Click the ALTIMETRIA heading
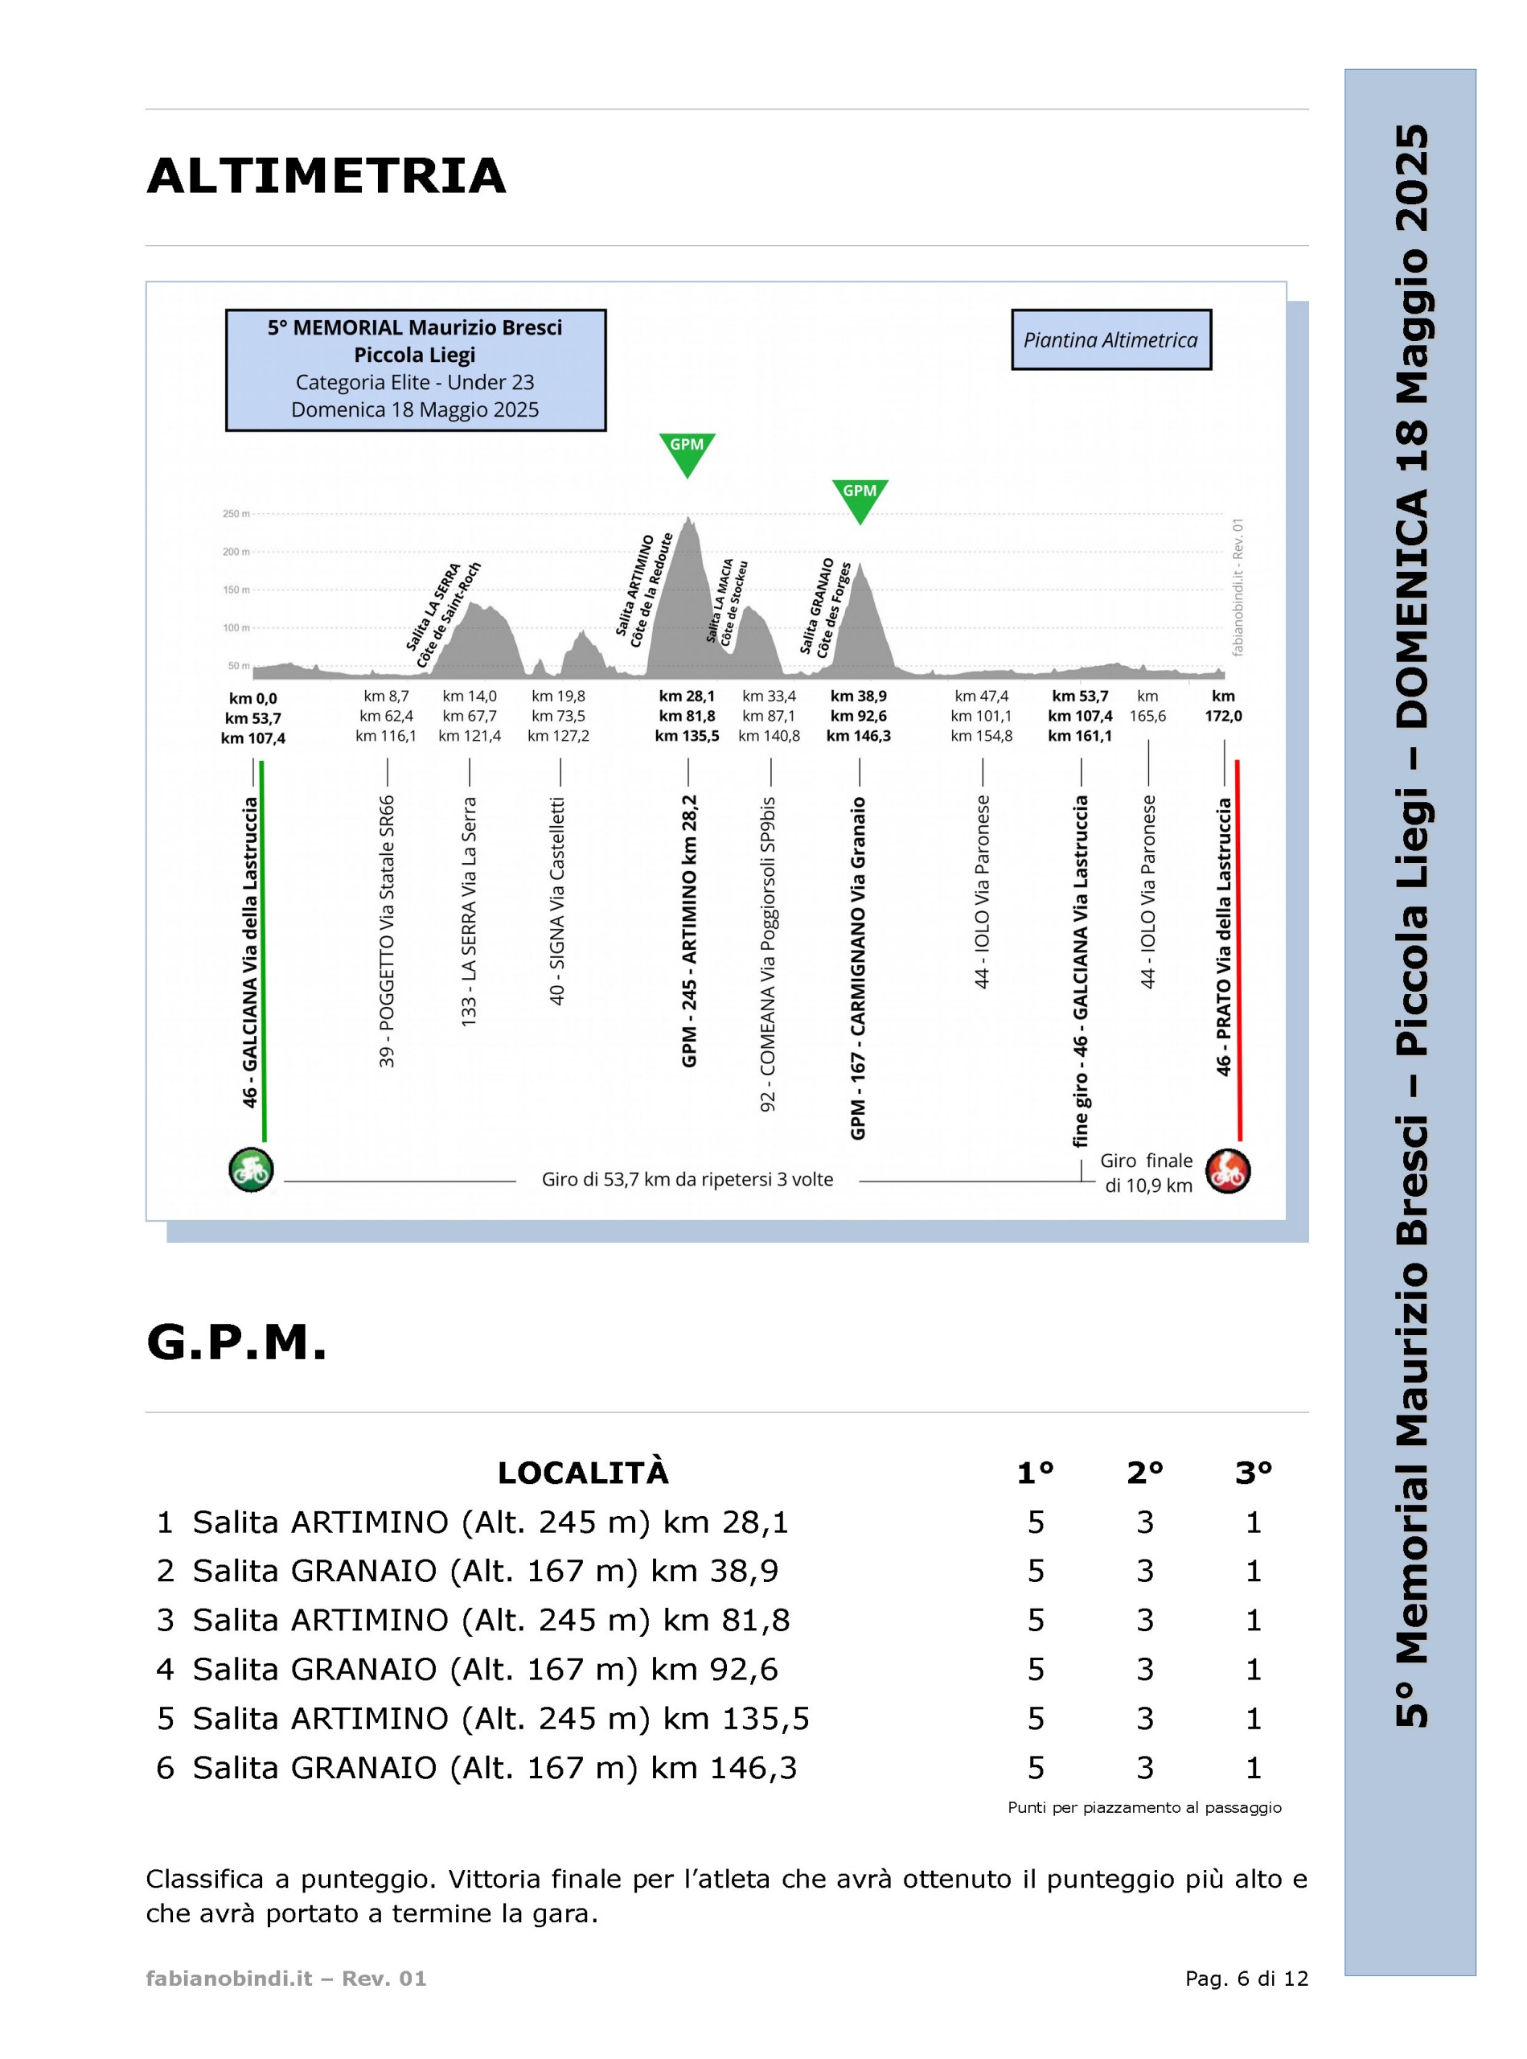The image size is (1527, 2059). (x=326, y=175)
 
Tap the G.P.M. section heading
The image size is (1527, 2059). (x=236, y=1342)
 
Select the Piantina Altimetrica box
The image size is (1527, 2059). (x=1111, y=339)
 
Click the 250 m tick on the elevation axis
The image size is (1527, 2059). (x=236, y=514)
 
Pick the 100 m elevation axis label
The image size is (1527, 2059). (x=236, y=628)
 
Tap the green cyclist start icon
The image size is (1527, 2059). (x=252, y=1170)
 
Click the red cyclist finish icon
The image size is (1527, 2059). (x=1229, y=1170)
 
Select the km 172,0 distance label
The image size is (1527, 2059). (x=1223, y=706)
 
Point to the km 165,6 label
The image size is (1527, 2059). (x=1148, y=706)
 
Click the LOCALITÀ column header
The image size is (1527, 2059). (x=583, y=1472)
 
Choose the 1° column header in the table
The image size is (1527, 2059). (x=1035, y=1473)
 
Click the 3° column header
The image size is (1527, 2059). (x=1254, y=1473)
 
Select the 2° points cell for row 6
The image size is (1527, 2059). (x=1145, y=1768)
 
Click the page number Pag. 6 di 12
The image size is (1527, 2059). (x=1247, y=1979)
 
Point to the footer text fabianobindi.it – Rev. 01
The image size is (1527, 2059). (x=286, y=1979)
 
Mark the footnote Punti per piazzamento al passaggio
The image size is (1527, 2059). (x=1144, y=1806)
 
